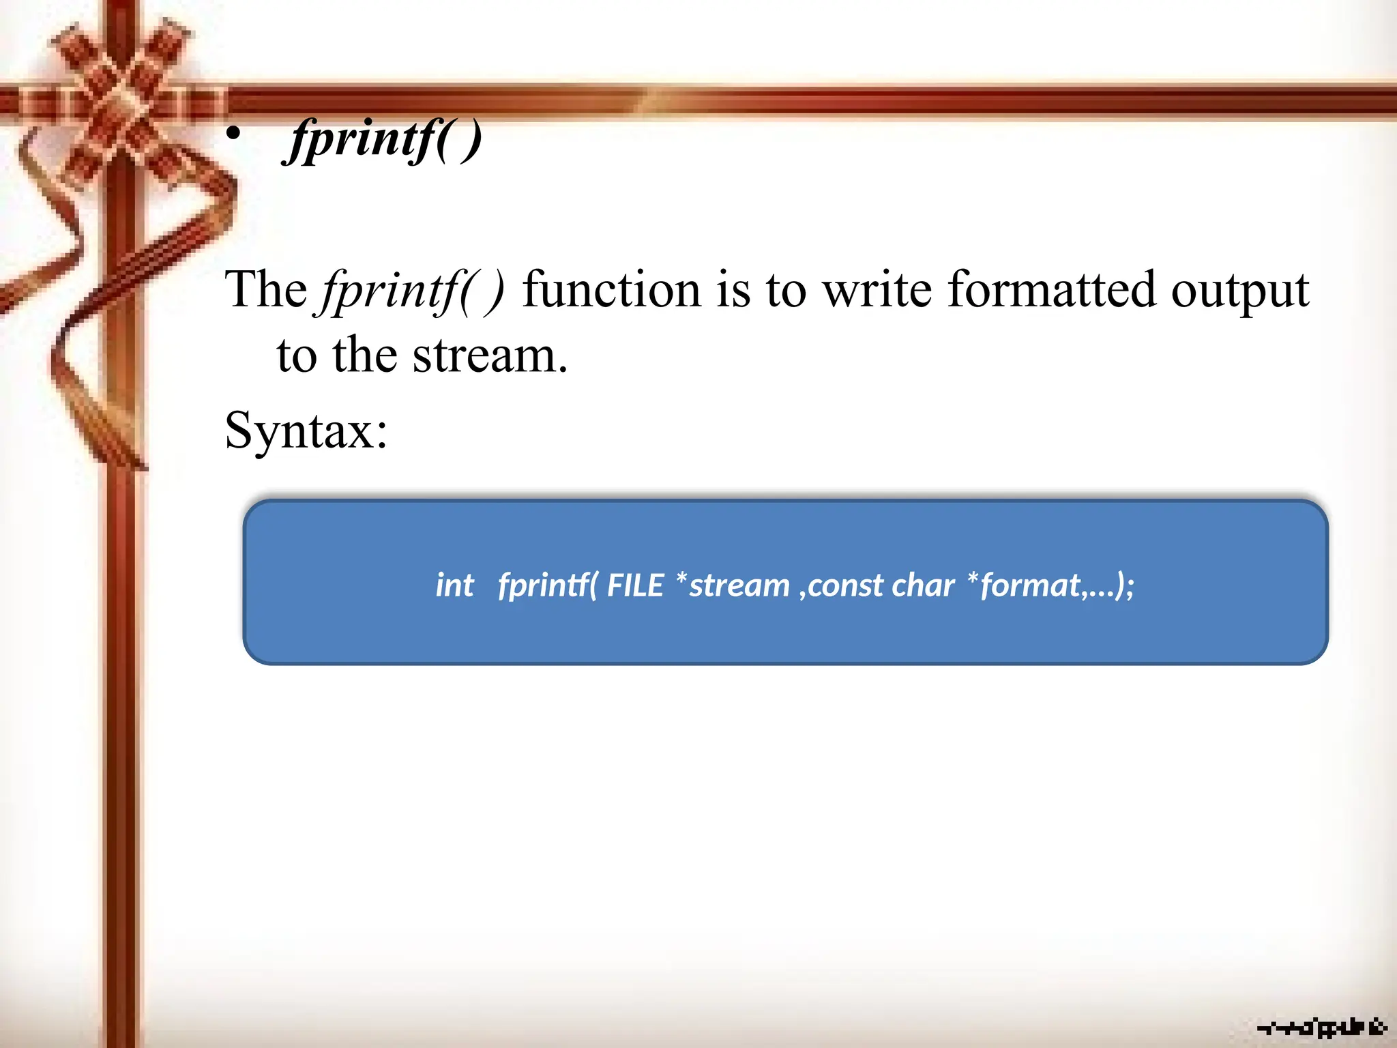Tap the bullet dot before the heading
coord(234,135)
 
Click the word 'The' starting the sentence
coord(266,290)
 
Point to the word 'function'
coord(611,290)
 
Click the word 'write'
coord(877,290)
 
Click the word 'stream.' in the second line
coord(490,355)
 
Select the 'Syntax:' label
coord(306,431)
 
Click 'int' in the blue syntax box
coord(455,585)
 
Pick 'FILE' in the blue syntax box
coord(635,585)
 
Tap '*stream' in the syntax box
coord(732,585)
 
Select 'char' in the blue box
coord(923,585)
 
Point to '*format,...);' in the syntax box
coord(1050,585)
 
